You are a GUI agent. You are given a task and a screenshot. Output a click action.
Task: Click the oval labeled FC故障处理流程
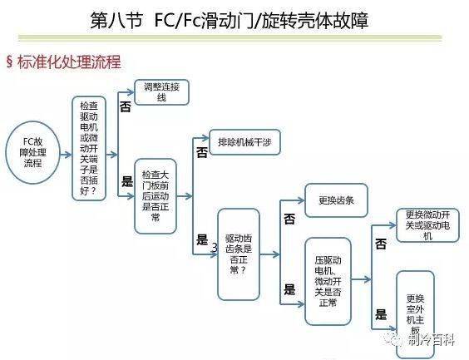pyautogui.click(x=33, y=152)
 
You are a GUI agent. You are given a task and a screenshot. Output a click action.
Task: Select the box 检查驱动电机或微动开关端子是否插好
pyautogui.click(x=89, y=148)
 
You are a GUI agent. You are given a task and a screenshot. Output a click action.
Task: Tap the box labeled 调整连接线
pyautogui.click(x=161, y=92)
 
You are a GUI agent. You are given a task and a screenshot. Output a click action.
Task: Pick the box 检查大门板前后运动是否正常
pyautogui.click(x=156, y=196)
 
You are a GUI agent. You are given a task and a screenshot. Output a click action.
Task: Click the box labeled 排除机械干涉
pyautogui.click(x=244, y=142)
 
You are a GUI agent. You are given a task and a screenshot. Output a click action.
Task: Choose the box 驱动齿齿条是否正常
pyautogui.click(x=239, y=254)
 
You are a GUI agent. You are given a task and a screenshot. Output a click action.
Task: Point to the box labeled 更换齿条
pyautogui.click(x=336, y=200)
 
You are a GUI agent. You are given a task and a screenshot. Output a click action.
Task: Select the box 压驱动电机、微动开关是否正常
pyautogui.click(x=328, y=281)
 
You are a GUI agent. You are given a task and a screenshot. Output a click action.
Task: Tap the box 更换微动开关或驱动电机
pyautogui.click(x=427, y=225)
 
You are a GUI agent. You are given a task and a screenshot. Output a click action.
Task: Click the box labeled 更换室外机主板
pyautogui.click(x=415, y=314)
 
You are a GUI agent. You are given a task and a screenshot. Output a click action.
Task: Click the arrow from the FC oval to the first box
pyautogui.click(x=66, y=155)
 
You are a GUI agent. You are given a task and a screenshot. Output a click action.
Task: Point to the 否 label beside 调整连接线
pyautogui.click(x=126, y=106)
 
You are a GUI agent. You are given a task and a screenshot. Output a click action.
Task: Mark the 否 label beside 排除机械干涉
pyautogui.click(x=201, y=153)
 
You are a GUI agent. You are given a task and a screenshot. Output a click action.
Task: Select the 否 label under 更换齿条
pyautogui.click(x=289, y=219)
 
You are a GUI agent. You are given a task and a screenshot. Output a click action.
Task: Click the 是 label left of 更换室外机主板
pyautogui.click(x=381, y=314)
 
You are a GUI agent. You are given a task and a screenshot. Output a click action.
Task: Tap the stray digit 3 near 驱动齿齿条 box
pyautogui.click(x=215, y=247)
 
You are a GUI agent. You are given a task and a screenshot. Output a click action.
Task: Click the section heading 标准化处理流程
pyautogui.click(x=69, y=62)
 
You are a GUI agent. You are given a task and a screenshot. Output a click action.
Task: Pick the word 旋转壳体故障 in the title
pyautogui.click(x=315, y=21)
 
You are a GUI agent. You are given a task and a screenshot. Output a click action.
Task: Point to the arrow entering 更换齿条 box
pyautogui.click(x=292, y=200)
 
